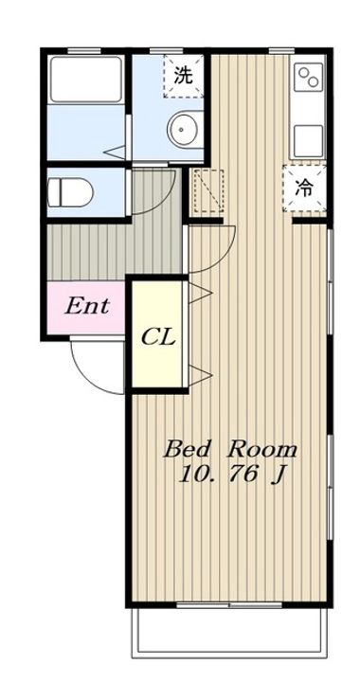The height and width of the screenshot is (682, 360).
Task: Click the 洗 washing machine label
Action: [183, 76]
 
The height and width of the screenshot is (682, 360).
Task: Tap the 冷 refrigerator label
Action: [304, 188]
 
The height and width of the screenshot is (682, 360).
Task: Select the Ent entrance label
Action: [86, 306]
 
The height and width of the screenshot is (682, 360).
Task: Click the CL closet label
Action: [158, 336]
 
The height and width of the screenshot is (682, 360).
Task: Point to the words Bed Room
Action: [230, 450]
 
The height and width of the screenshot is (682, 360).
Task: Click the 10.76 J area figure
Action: [231, 475]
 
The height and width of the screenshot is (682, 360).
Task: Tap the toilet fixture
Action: [70, 191]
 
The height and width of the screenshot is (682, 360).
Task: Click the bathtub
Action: [85, 80]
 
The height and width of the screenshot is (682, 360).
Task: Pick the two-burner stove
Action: [308, 77]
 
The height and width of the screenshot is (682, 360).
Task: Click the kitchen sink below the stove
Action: [308, 141]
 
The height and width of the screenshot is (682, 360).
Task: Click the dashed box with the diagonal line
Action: [208, 191]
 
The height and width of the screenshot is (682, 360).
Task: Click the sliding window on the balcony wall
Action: [229, 604]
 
